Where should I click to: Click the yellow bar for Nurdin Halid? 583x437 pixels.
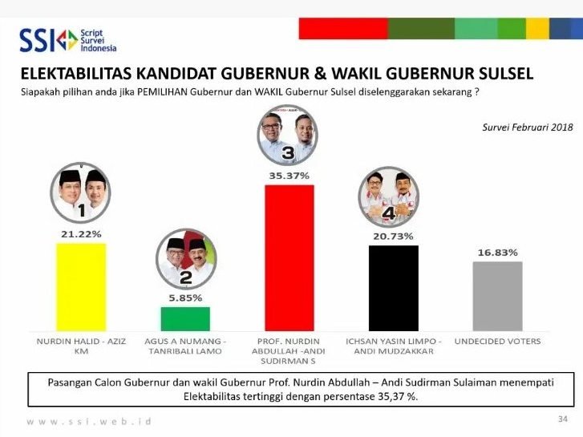click(x=81, y=287)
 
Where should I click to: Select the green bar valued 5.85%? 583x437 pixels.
click(x=185, y=319)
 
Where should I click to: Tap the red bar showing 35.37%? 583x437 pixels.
click(x=289, y=257)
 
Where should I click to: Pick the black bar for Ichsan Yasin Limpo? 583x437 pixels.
click(x=394, y=288)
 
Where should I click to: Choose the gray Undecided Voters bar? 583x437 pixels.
click(x=497, y=296)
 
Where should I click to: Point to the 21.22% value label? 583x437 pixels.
click(x=81, y=234)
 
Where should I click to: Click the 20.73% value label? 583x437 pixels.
click(x=394, y=237)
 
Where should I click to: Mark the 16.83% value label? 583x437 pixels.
click(x=497, y=253)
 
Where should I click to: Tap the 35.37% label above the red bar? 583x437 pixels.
click(x=289, y=176)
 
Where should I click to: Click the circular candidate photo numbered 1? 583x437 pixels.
click(x=81, y=192)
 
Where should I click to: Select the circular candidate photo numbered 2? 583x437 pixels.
click(x=186, y=259)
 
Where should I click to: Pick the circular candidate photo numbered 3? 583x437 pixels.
click(x=287, y=135)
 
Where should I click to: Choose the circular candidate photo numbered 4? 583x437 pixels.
click(x=389, y=196)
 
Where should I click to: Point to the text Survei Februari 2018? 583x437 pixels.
click(x=528, y=127)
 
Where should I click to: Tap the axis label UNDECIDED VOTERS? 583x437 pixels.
click(x=497, y=341)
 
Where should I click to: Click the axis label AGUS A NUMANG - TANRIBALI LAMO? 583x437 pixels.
click(x=185, y=346)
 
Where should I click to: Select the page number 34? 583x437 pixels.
click(x=562, y=419)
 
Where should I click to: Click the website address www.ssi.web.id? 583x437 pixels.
click(x=89, y=422)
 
